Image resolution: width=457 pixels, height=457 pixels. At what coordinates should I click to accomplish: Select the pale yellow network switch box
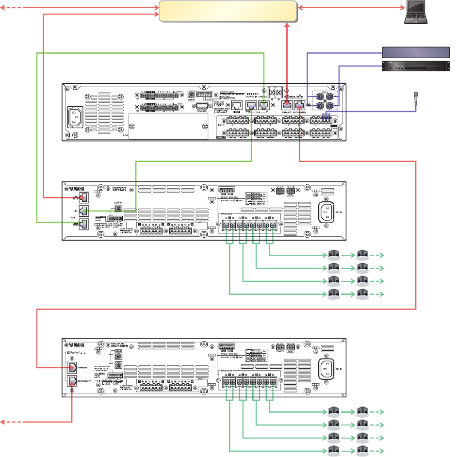point(228,11)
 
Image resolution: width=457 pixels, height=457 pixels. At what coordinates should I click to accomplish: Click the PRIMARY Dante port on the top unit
point(287,103)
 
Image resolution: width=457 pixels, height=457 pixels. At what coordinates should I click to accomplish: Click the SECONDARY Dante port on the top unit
point(301,103)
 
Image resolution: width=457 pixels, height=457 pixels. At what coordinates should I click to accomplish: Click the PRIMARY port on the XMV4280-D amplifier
point(71,368)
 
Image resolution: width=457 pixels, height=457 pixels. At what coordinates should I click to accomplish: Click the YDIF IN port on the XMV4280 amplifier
point(84,211)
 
